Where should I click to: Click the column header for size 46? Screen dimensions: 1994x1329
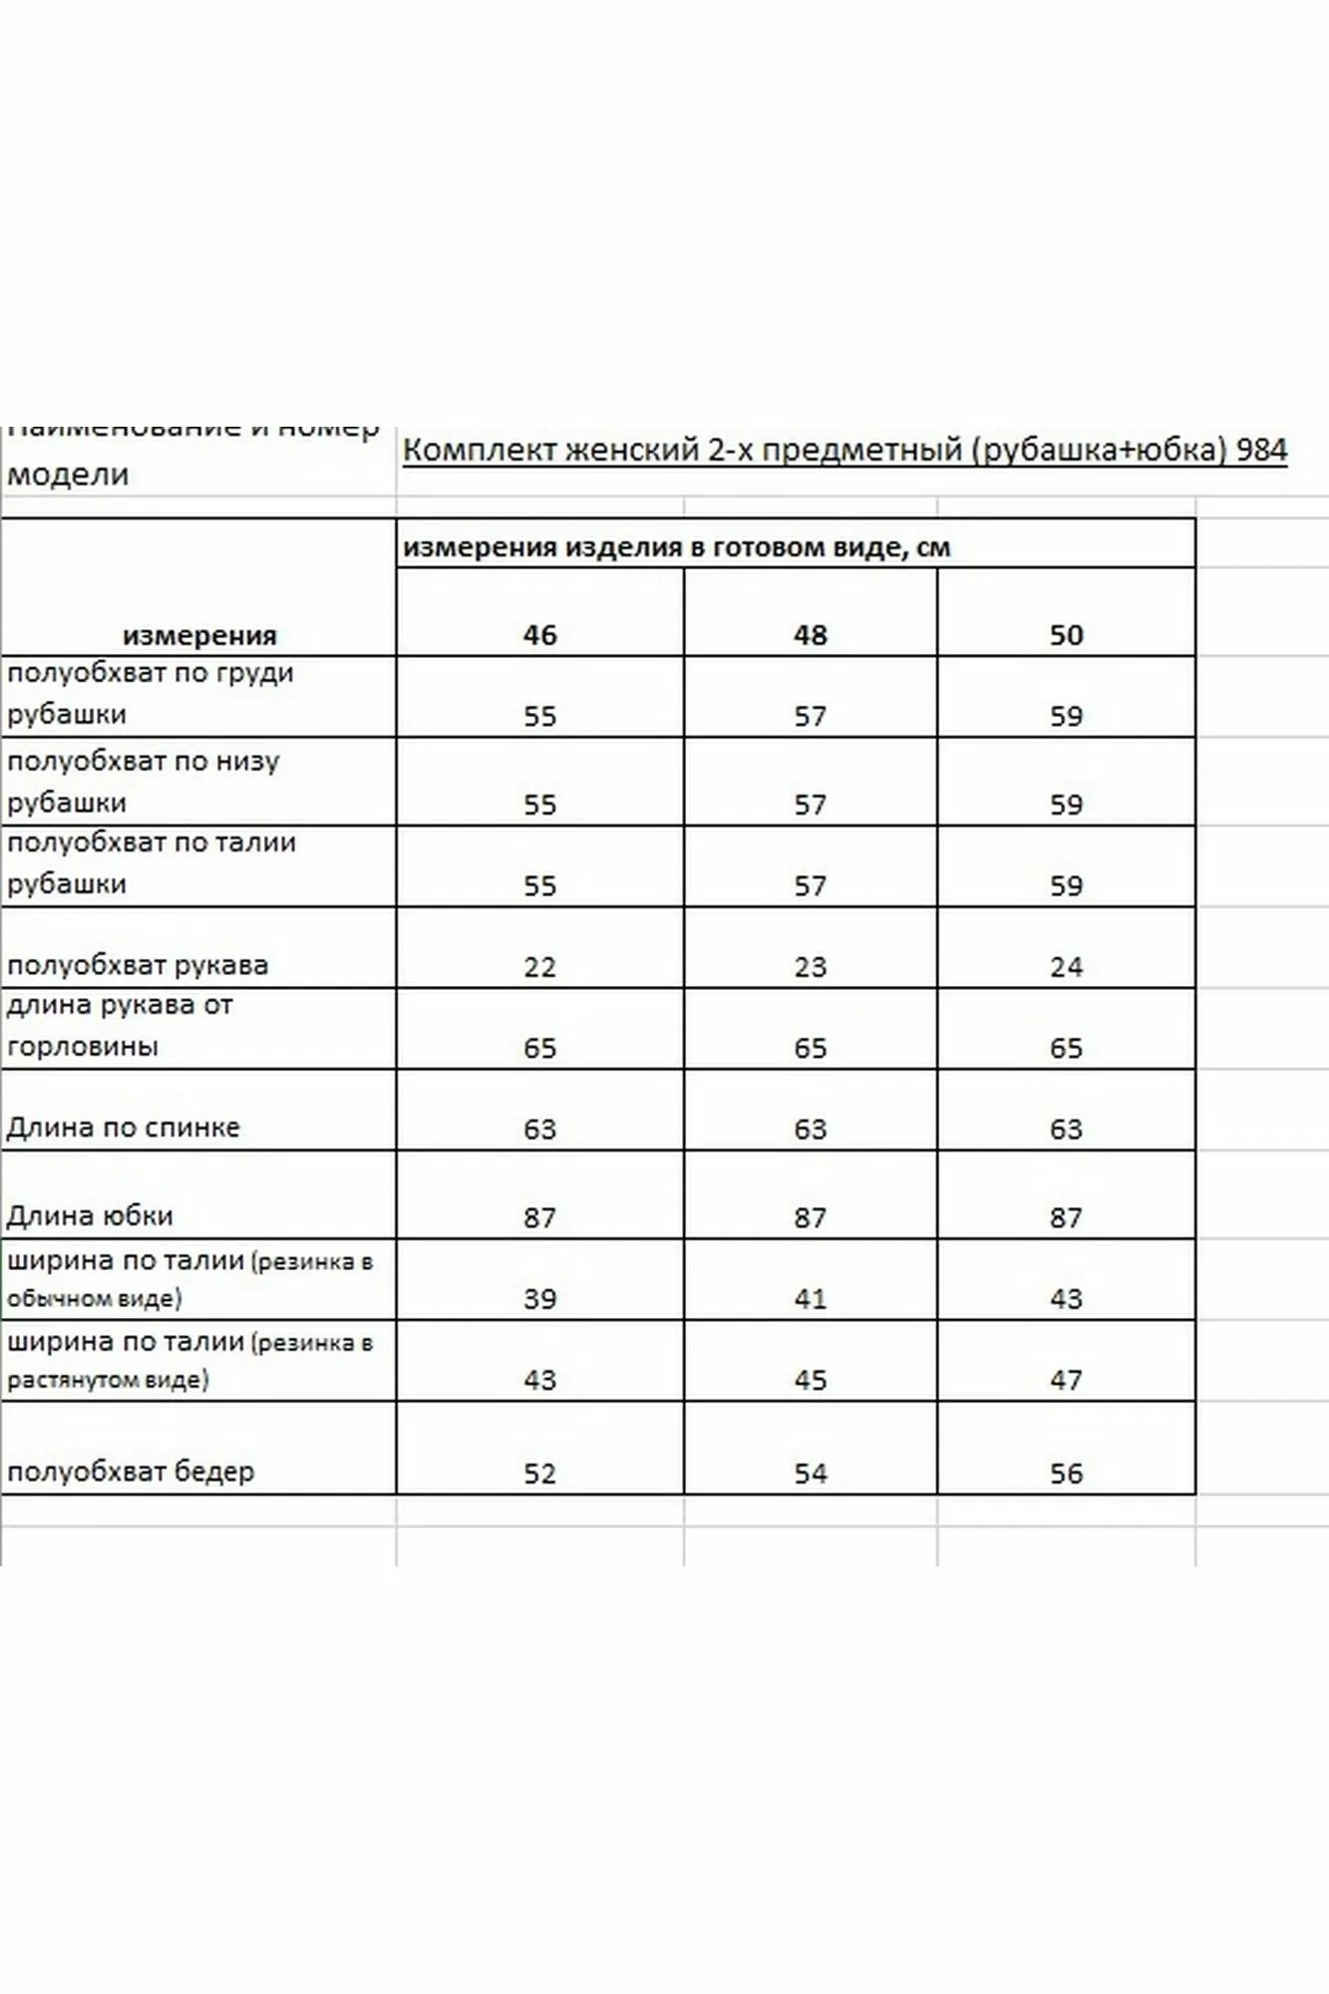[x=539, y=635]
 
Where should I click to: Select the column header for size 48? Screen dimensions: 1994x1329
[x=810, y=635]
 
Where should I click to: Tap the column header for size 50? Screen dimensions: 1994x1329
[x=1066, y=635]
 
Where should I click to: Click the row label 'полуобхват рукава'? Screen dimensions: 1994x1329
[x=138, y=965]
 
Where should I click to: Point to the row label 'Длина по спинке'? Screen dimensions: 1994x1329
[x=124, y=1128]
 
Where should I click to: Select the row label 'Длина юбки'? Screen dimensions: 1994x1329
[x=90, y=1216]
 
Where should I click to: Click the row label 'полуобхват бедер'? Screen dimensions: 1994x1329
[x=131, y=1472]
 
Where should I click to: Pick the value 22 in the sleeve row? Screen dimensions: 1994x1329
[x=539, y=966]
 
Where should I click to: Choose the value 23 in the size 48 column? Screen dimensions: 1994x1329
[x=810, y=966]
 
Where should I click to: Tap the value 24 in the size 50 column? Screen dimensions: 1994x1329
[x=1066, y=966]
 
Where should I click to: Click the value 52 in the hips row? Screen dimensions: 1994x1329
[x=539, y=1474]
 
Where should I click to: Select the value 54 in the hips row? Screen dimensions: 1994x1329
[x=810, y=1474]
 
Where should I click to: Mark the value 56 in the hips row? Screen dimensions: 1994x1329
[x=1066, y=1474]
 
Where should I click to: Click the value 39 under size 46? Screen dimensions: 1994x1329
[x=539, y=1299]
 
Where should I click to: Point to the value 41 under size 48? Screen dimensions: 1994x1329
[x=810, y=1299]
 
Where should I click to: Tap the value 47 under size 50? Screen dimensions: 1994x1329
[x=1066, y=1380]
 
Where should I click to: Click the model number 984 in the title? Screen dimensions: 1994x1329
[x=1261, y=451]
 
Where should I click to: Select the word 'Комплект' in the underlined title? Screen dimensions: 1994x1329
[x=480, y=451]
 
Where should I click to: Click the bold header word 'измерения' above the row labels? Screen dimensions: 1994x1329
[x=199, y=635]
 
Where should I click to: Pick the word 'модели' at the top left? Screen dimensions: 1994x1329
[x=68, y=474]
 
